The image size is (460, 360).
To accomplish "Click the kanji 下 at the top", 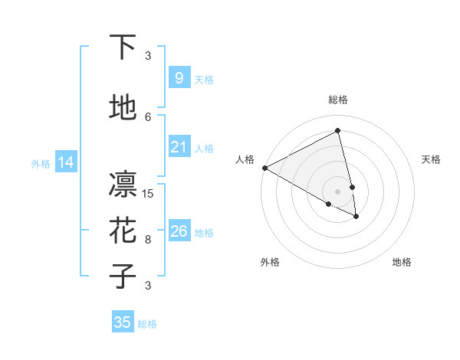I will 123,47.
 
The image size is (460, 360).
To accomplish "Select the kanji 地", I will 123,109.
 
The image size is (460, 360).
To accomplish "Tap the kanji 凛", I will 123,185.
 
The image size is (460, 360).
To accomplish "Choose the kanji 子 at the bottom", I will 123,277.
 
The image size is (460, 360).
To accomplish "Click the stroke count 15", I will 149,194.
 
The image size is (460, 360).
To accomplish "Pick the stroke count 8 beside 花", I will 149,240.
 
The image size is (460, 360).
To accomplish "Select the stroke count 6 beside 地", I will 149,117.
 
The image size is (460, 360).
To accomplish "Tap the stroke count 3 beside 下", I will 149,56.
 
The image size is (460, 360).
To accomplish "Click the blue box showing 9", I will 179,77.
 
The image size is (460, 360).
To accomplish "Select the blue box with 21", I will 179,147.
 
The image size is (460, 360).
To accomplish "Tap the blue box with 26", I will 179,231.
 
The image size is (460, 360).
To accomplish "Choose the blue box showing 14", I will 65,162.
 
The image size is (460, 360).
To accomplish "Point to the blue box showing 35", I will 123,322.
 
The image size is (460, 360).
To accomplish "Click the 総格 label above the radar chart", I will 338,100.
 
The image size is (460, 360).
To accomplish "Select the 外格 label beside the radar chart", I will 270,262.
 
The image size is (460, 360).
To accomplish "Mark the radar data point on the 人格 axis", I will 264,168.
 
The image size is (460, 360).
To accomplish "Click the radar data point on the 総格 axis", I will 338,130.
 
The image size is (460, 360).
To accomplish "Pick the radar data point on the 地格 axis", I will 356,217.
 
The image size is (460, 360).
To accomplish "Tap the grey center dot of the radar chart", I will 338,191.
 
